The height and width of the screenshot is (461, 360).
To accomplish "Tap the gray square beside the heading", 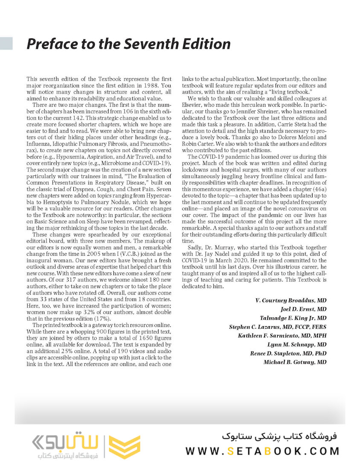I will click(x=6, y=43).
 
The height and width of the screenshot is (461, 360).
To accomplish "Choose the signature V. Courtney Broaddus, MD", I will click(x=291, y=301).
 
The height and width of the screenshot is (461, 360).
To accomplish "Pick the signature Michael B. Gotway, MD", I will click(x=295, y=362).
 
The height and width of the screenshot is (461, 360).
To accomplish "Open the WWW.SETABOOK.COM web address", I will click(x=262, y=450).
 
